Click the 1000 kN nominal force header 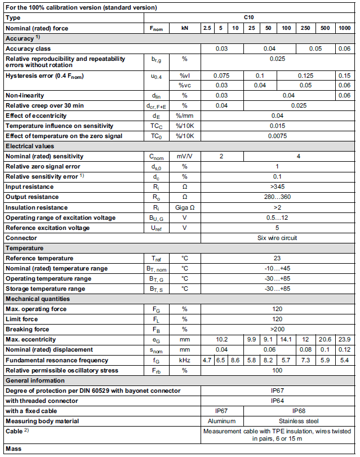[343, 28]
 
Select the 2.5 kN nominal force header [207, 28]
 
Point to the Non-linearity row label [25, 95]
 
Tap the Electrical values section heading [29, 146]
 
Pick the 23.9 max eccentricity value [343, 339]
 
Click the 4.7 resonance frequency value [207, 360]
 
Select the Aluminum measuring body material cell [221, 420]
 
